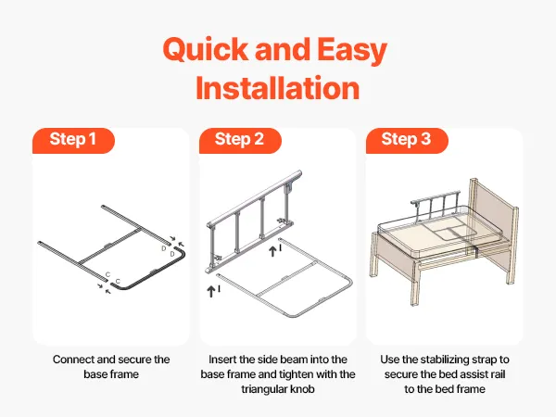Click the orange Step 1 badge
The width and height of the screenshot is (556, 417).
pyautogui.click(x=73, y=141)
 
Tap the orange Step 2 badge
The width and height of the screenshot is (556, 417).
pyautogui.click(x=240, y=141)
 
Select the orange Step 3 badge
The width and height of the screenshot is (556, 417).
pyautogui.click(x=407, y=141)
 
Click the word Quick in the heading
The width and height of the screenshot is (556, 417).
pyautogui.click(x=206, y=50)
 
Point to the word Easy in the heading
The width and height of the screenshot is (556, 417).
pyautogui.click(x=352, y=51)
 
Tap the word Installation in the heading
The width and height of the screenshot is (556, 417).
pyautogui.click(x=278, y=88)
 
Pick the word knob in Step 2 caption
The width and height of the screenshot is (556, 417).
pyautogui.click(x=302, y=389)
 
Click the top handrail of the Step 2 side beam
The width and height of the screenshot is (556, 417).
pyautogui.click(x=254, y=199)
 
